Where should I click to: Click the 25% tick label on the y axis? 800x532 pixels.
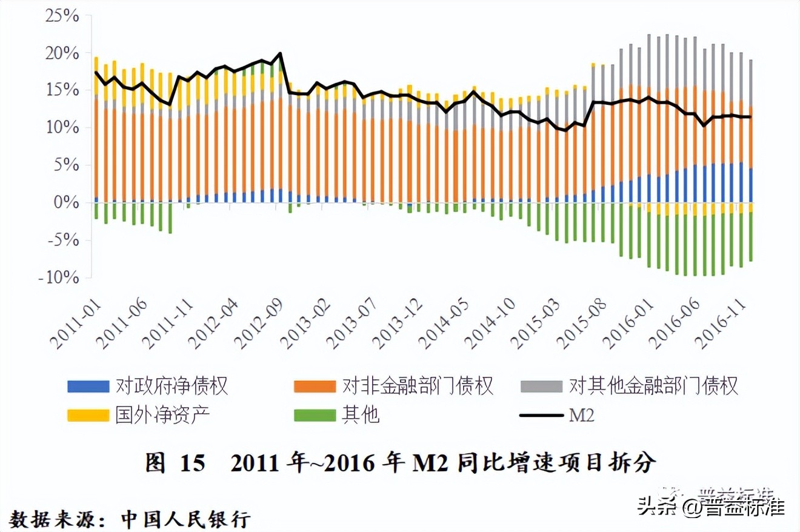pos(62,16)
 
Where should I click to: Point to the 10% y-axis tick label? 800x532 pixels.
pos(62,127)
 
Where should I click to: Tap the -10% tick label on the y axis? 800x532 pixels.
pos(59,278)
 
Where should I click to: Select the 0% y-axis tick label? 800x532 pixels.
pos(67,202)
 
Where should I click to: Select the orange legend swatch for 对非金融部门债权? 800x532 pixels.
pos(314,386)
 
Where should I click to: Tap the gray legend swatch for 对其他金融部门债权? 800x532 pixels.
pos(541,386)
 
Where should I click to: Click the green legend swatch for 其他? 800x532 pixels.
pos(314,415)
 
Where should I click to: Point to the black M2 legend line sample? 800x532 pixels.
pos(541,415)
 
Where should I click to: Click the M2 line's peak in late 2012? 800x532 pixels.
pos(280,53)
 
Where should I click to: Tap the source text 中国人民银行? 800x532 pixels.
pos(185,519)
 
